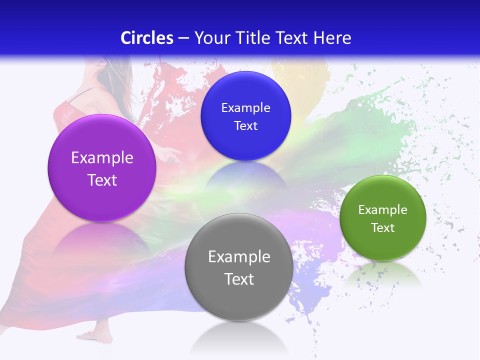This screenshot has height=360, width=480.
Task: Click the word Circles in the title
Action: click(x=146, y=37)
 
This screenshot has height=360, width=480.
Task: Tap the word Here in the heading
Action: click(x=332, y=37)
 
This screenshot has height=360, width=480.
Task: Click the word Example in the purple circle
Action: click(x=102, y=157)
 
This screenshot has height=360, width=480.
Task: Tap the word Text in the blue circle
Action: click(x=246, y=125)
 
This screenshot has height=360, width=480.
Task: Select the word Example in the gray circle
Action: click(x=239, y=256)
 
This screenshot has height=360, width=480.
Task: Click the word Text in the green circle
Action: click(x=383, y=227)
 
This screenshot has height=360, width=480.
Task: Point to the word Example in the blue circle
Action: click(x=246, y=107)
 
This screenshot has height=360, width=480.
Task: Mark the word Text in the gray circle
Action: click(x=239, y=278)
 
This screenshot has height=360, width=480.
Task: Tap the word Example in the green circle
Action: click(x=383, y=209)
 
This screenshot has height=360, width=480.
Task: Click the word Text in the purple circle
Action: click(x=102, y=180)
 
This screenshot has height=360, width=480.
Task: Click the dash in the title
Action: click(x=183, y=38)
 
